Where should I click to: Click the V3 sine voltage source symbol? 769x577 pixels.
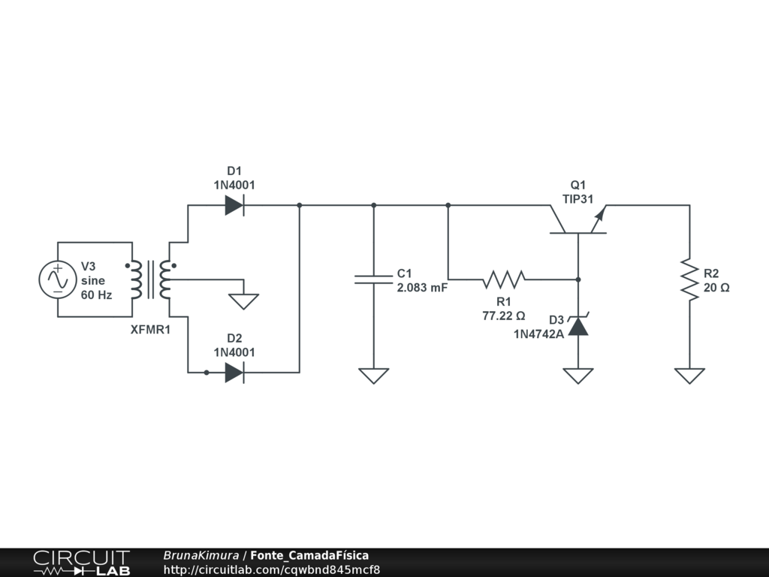[x=58, y=279]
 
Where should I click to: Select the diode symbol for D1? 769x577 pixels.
[x=234, y=205]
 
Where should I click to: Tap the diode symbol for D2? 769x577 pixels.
[x=234, y=372]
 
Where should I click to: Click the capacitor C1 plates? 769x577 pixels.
[x=373, y=279]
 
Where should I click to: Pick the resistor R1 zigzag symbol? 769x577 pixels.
[x=504, y=279]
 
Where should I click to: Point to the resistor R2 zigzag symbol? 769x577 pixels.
[x=689, y=279]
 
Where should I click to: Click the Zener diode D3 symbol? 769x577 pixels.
[x=578, y=326]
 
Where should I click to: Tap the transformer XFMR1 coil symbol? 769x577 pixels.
[x=150, y=279]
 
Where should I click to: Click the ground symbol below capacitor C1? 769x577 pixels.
[x=373, y=375]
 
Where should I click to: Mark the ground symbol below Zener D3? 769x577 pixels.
[x=578, y=375]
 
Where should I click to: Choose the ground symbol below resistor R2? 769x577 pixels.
[x=689, y=375]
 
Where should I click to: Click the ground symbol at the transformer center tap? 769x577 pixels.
[x=243, y=301]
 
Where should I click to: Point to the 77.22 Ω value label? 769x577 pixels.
[x=503, y=316]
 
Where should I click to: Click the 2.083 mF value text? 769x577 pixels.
[x=422, y=287]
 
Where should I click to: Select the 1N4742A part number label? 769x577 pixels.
[x=538, y=334]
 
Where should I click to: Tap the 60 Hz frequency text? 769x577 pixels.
[x=96, y=295]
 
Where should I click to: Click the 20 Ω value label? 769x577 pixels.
[x=716, y=287]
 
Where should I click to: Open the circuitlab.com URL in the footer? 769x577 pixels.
[x=272, y=569]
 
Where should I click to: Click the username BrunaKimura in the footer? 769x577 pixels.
[x=201, y=555]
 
